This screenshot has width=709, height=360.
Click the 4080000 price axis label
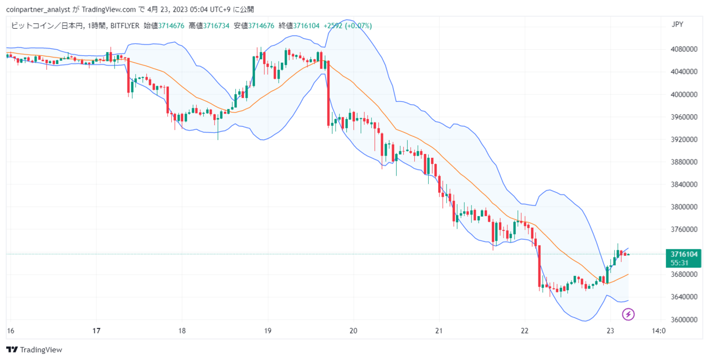[684, 49]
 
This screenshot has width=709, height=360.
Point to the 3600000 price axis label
[684, 320]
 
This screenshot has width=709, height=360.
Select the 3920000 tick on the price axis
[684, 140]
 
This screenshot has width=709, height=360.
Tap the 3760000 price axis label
[684, 229]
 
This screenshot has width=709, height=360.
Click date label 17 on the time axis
[96, 331]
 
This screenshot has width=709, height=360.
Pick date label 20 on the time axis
[353, 331]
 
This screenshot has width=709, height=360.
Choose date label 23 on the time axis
[610, 331]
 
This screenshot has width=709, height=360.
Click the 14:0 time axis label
[659, 331]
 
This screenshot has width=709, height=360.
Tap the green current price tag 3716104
[684, 254]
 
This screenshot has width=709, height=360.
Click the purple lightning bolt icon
[628, 315]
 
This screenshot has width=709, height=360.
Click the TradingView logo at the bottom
[34, 349]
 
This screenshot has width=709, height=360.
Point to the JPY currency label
[677, 24]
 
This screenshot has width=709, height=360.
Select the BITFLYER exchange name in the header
[125, 26]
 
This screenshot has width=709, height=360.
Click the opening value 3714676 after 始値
[171, 26]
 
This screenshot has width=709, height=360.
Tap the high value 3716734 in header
[216, 26]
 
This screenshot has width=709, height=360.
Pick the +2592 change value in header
[333, 26]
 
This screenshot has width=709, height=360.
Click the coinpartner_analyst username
[38, 9]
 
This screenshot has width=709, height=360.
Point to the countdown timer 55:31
[679, 263]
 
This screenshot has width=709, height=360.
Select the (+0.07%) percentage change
[358, 26]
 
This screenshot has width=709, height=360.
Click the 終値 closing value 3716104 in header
[306, 26]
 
